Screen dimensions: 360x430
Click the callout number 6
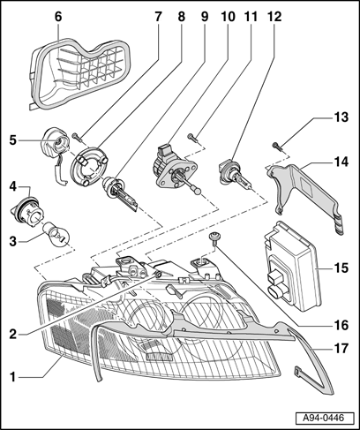pos(58,17)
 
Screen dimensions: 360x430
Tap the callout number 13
pos(341,117)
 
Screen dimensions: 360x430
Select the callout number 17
pos(341,349)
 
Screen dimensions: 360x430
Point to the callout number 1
pos(13,376)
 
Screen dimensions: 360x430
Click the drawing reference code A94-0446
pos(324,418)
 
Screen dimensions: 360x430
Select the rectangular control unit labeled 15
pos(293,266)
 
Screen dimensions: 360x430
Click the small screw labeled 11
pos(192,137)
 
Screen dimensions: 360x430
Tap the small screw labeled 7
pos(75,137)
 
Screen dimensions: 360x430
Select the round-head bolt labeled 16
pos(214,238)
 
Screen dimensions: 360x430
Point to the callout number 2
pos(13,335)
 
